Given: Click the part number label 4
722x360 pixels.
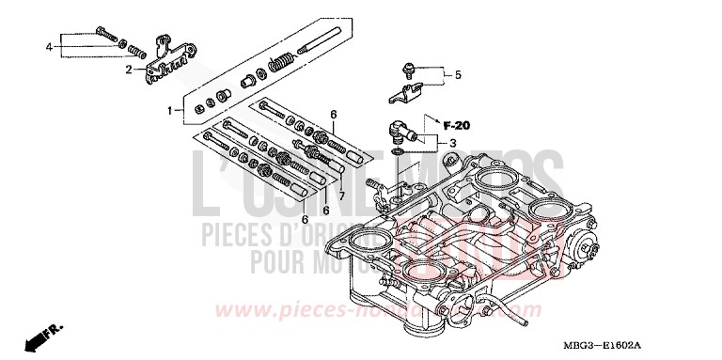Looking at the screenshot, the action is (49, 45).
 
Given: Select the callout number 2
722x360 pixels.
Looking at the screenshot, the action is (129, 69).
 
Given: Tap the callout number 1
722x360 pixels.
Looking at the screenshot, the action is (170, 111).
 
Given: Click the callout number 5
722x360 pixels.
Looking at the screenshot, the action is (459, 74).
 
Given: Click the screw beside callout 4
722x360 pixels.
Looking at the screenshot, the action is (105, 39).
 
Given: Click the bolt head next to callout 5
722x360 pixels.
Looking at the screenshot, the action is (410, 68).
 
